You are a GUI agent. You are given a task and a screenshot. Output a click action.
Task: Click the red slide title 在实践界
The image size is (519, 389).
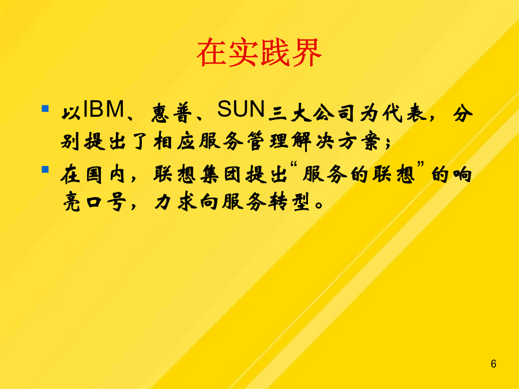point(259,52)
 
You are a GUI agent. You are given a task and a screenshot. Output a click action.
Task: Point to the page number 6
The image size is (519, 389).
point(493,364)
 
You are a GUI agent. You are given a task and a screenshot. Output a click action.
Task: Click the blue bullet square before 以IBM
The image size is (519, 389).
point(46,108)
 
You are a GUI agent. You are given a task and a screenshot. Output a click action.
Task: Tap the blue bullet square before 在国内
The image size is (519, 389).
point(46,169)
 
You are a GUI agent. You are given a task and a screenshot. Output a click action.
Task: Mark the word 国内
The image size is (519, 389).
point(106,174)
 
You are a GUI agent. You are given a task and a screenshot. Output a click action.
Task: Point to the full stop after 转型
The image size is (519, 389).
point(319,205)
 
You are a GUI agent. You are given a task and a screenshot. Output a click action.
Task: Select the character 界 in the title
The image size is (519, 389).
point(307,52)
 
